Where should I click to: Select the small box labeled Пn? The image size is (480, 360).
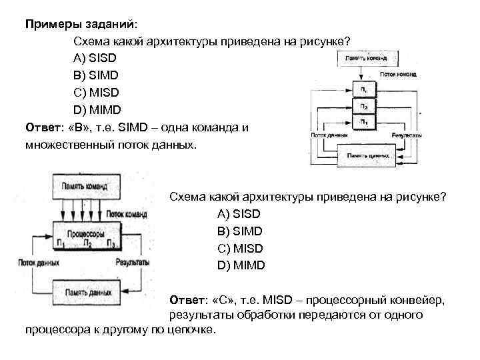(363, 88)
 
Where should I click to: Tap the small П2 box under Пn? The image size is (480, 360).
(363, 105)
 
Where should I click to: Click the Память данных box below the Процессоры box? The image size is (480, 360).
(87, 292)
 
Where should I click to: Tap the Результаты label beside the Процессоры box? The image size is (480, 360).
(132, 263)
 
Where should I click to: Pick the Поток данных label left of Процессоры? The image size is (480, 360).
(39, 263)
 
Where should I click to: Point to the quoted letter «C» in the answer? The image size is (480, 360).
(223, 299)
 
